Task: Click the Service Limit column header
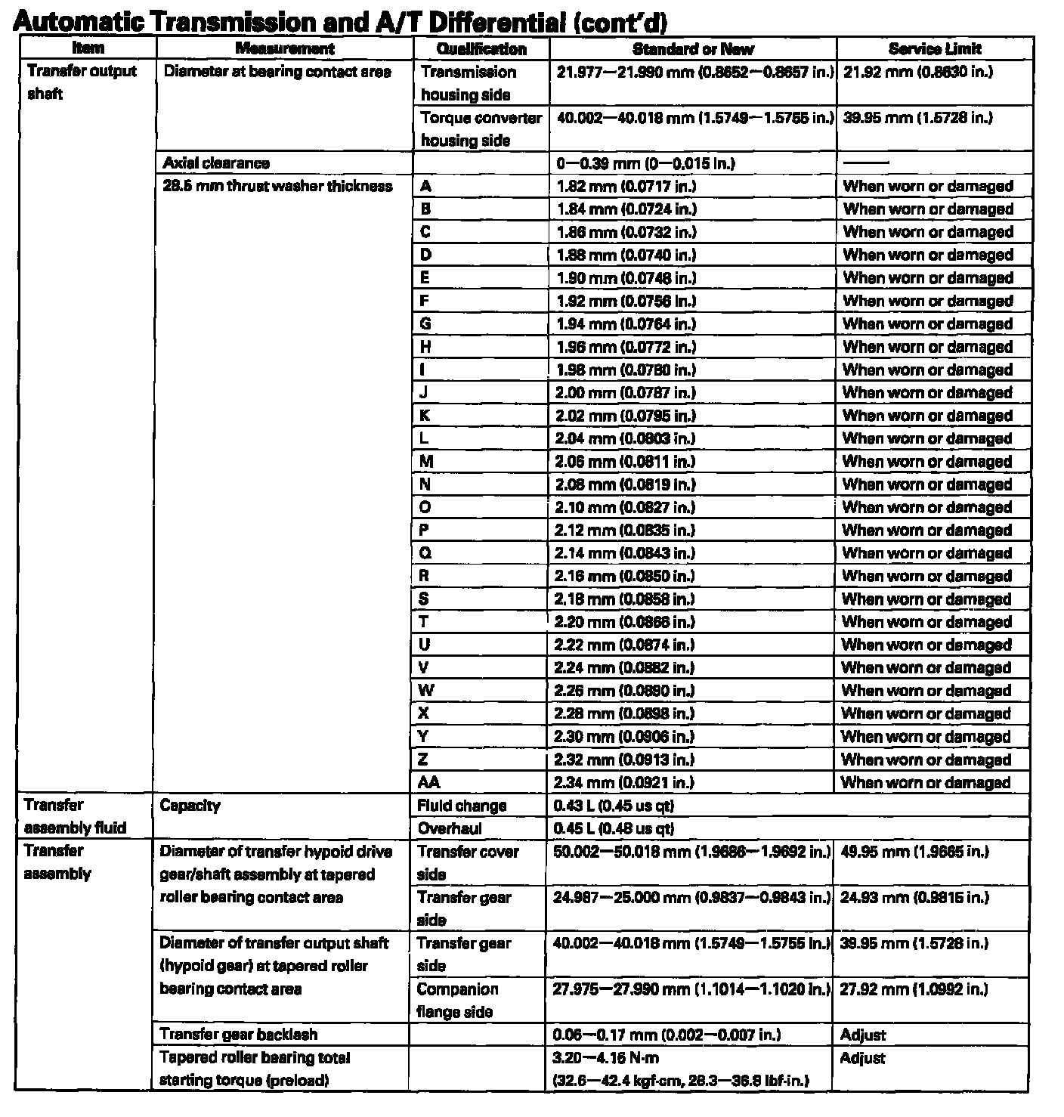click(x=935, y=49)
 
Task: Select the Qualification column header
click(x=481, y=49)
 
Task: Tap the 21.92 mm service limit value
click(x=917, y=73)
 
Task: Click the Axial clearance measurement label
click(x=216, y=163)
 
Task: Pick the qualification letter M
click(x=427, y=462)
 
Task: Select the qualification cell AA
click(x=428, y=783)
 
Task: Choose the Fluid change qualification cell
click(x=462, y=806)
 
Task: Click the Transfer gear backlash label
click(x=238, y=1035)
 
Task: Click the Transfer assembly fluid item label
click(x=74, y=817)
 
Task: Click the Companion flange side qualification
click(x=457, y=1001)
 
